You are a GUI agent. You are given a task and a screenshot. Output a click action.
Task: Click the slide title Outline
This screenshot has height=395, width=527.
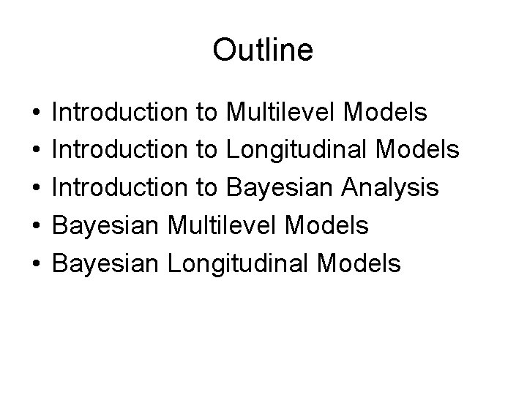click(263, 50)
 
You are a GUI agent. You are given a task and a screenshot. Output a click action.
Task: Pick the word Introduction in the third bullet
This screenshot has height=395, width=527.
click(119, 188)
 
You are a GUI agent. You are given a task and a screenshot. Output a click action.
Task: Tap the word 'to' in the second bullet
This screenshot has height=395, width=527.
click(206, 151)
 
